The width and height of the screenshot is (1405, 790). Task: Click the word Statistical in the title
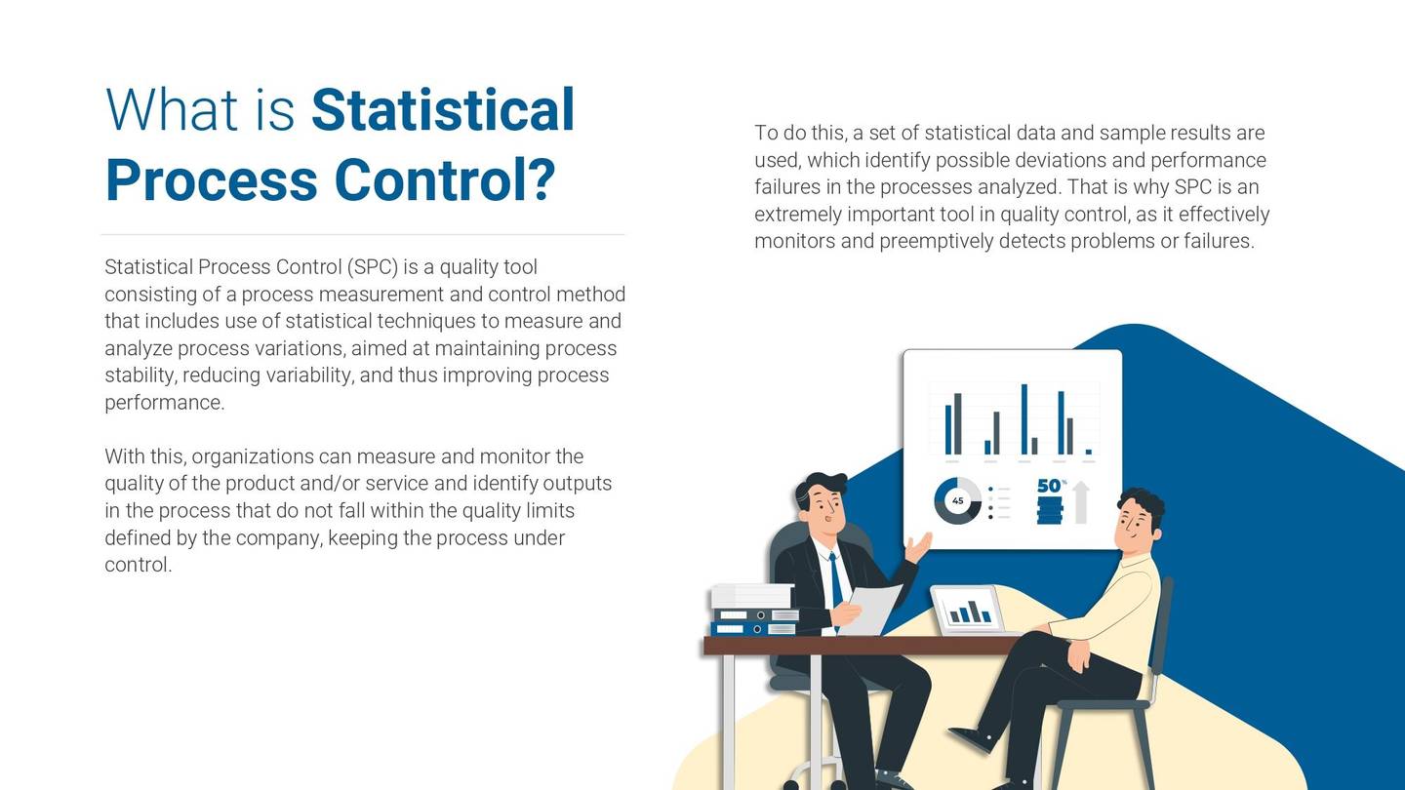point(442,110)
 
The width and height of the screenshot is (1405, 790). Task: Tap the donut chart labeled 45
point(957,501)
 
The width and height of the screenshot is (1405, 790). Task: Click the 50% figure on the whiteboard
point(1050,486)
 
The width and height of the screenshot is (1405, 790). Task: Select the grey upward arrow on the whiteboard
point(1080,502)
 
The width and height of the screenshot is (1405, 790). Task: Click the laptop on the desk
point(968,611)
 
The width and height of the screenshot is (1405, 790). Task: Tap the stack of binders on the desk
point(752,611)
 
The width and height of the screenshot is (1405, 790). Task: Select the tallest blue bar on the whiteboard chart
point(1024,419)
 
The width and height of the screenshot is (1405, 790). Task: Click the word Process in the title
point(211,181)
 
